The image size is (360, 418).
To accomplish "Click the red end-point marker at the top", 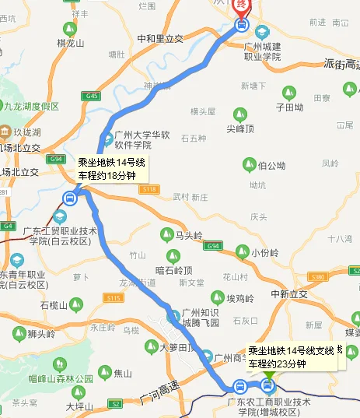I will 242,4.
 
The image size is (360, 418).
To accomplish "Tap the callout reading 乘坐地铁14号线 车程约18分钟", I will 112,169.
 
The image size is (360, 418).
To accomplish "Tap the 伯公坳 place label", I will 271,165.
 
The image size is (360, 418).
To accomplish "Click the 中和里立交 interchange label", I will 159,38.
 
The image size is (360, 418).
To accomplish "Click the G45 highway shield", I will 94,96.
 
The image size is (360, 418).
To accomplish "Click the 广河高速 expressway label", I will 159,396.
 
